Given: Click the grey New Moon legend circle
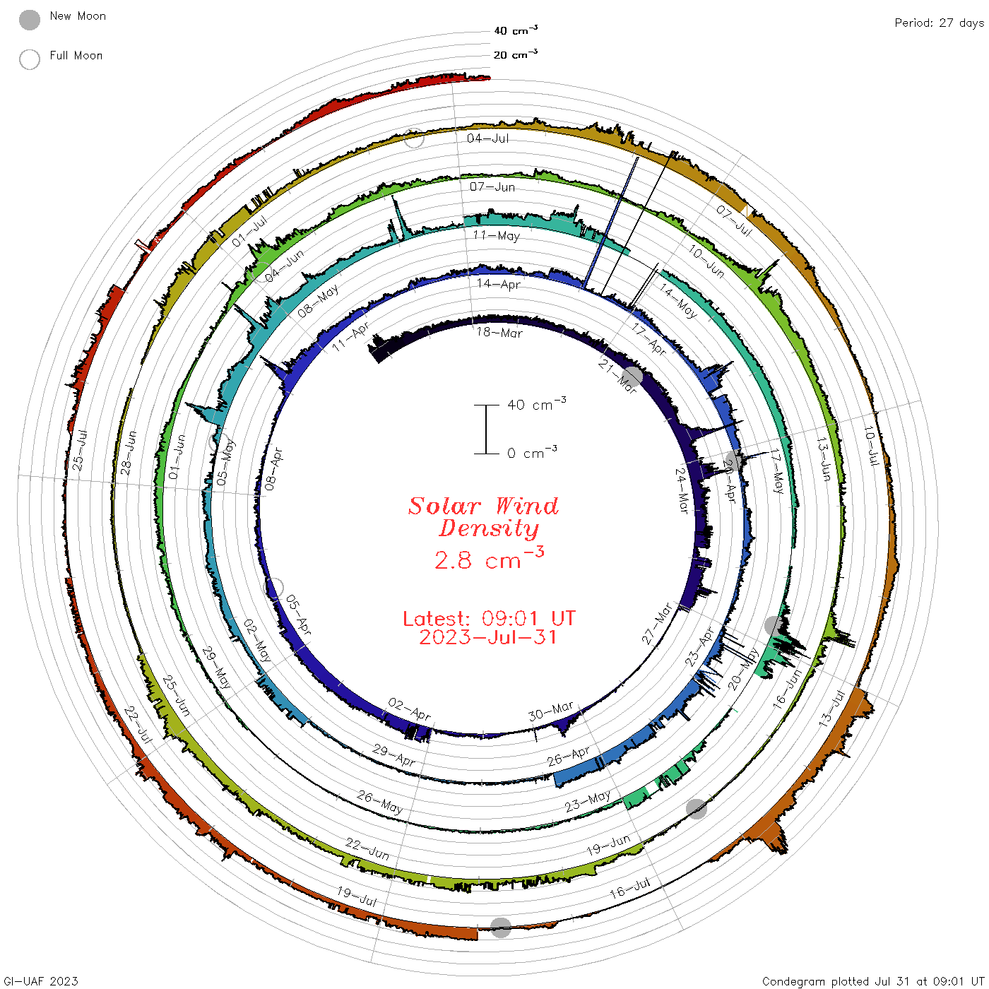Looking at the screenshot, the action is [x=29, y=20].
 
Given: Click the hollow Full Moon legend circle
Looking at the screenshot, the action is [x=29, y=59].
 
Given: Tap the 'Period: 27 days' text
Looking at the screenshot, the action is [x=939, y=23].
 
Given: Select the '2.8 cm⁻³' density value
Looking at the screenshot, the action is [x=489, y=559].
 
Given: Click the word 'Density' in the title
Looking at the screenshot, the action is [x=489, y=528].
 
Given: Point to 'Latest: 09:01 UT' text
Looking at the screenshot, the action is [x=489, y=618].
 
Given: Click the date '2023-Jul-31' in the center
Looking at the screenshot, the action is [x=487, y=637].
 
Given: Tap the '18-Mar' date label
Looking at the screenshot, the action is [x=499, y=333].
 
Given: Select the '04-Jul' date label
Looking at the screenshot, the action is [x=487, y=138].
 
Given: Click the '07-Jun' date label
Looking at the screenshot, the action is [x=492, y=186].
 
